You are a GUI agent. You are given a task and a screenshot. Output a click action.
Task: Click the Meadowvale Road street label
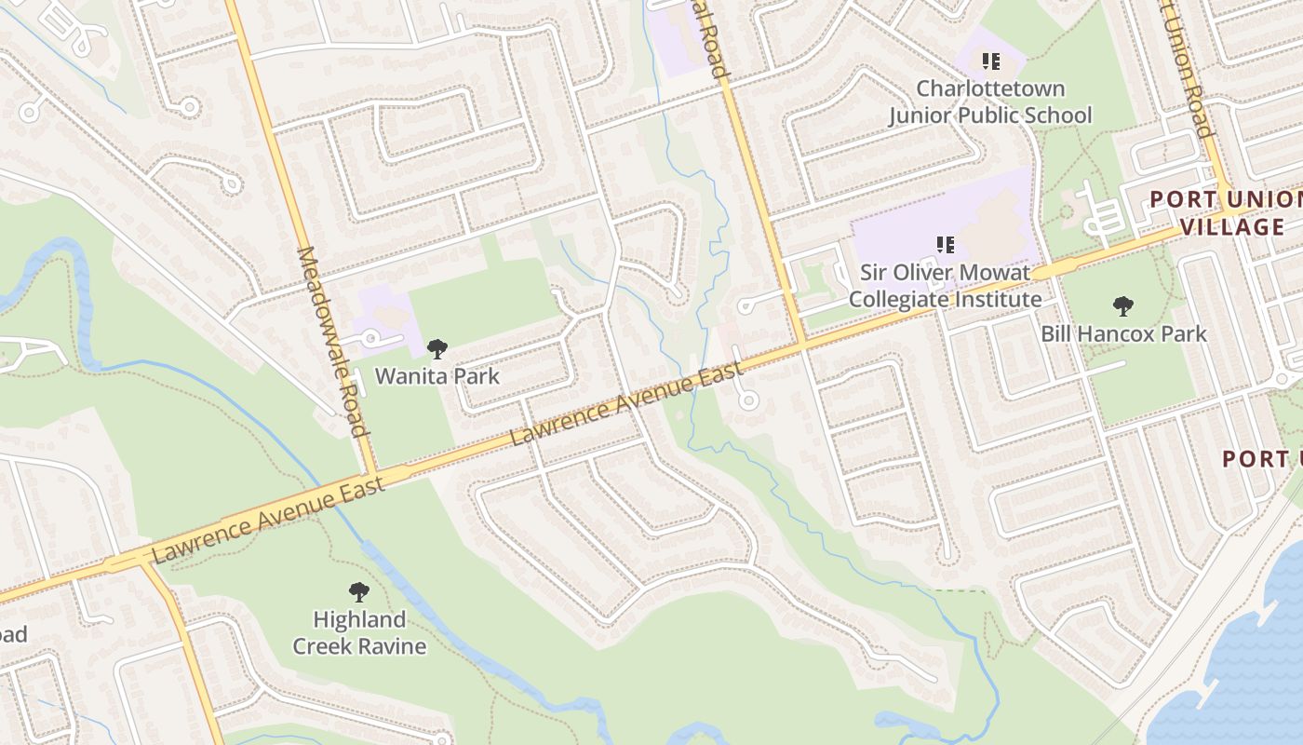point(330,341)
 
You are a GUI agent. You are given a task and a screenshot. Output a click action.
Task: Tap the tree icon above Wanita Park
point(437,350)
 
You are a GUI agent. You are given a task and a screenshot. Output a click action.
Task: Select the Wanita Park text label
point(437,376)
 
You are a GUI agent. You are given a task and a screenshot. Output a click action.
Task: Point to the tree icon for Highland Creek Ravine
point(358,592)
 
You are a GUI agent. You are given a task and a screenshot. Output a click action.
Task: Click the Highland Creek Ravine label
point(359,632)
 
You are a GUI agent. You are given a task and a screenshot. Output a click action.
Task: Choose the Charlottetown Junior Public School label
point(990,102)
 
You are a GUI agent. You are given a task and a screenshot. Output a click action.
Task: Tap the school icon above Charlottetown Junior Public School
point(990,61)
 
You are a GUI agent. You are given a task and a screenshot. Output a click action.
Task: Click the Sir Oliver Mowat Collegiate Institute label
point(945,286)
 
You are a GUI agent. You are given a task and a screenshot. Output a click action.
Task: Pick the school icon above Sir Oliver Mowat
point(945,245)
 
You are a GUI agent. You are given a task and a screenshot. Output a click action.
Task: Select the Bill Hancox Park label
point(1123,333)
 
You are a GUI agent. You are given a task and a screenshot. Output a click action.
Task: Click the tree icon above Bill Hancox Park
point(1123,305)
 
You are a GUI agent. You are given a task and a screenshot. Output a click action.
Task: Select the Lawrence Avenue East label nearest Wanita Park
point(628,404)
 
